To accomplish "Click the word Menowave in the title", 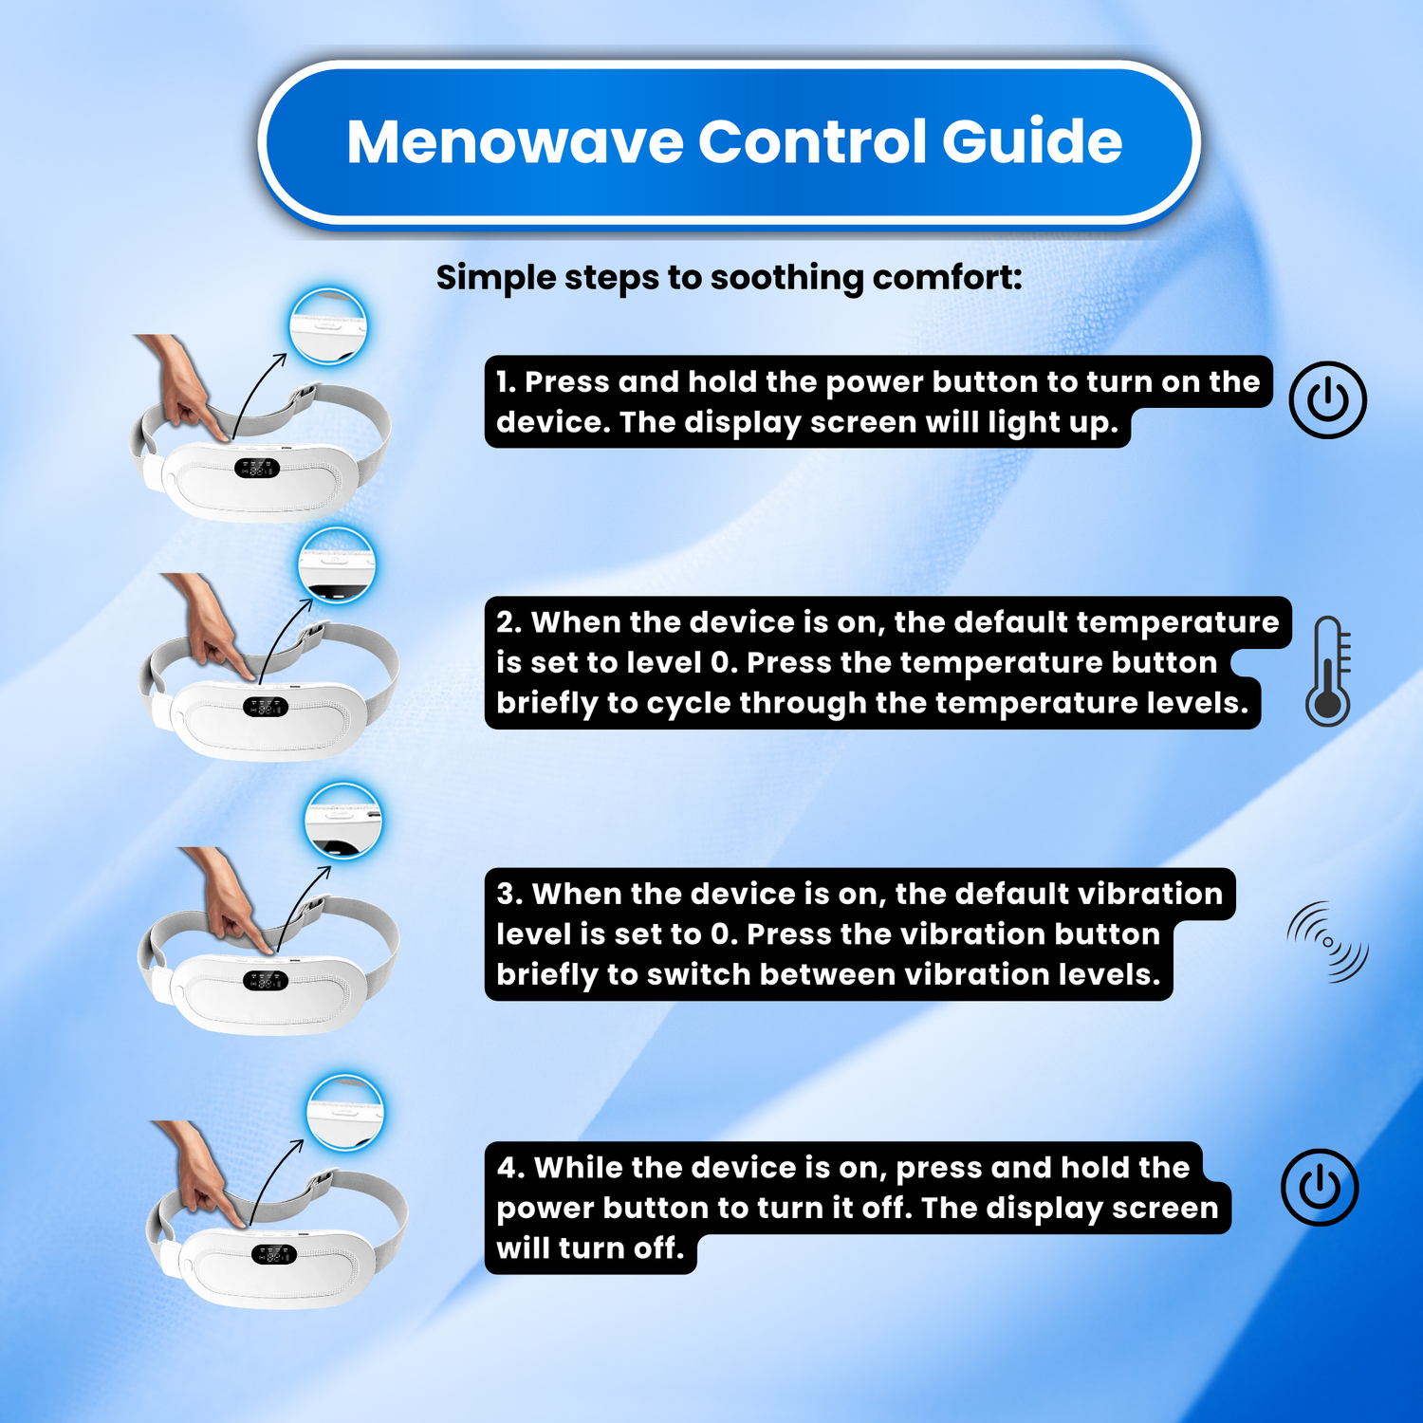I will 514,142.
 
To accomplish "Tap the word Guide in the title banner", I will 1032,142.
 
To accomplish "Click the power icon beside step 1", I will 1327,399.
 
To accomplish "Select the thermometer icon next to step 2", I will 1328,671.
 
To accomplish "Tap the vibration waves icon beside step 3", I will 1328,942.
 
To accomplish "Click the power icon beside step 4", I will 1320,1187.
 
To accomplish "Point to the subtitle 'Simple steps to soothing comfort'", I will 729,278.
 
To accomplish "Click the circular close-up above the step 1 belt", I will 328,326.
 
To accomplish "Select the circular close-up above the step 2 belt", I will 337,565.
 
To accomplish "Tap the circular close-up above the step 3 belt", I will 343,821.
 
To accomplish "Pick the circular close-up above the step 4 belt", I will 346,1113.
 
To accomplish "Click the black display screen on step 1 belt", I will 257,469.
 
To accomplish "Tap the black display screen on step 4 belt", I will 273,1254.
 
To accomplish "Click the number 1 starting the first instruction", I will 505,382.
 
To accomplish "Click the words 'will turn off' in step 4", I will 590,1248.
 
